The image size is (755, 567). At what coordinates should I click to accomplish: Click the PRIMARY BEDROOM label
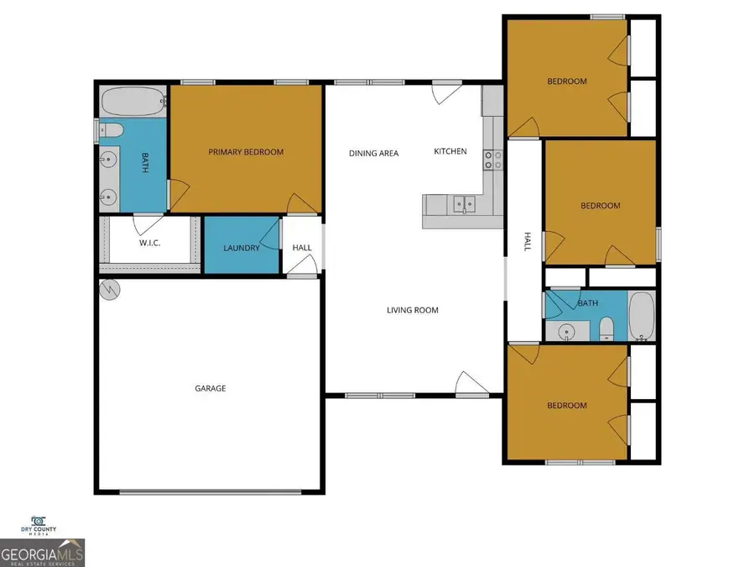pos(246,152)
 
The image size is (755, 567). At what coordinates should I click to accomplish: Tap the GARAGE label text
pos(211,388)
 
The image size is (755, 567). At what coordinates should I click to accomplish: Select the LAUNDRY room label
pos(241,248)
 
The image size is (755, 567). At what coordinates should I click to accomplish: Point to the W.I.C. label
pos(150,244)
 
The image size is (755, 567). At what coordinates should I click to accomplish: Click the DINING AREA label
pos(374,153)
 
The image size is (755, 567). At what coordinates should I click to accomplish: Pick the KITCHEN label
pos(450,151)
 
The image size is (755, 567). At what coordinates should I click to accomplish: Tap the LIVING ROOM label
pos(413,310)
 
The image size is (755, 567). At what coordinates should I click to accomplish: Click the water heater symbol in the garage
pos(110,291)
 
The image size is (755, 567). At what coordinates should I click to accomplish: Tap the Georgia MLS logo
pos(42,554)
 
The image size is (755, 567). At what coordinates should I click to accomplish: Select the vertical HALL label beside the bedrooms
pos(528,242)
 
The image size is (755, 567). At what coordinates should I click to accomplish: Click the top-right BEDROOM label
pos(567,81)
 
